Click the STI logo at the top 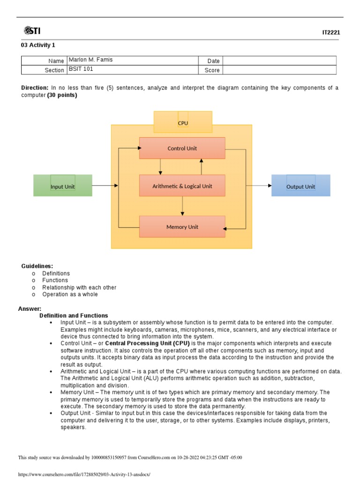tap(32, 31)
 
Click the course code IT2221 tap(331, 33)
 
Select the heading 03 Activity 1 tap(38, 45)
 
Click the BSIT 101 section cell tap(82, 69)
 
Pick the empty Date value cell tap(279, 60)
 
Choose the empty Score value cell tap(279, 70)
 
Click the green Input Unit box tap(63, 186)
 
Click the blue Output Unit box tap(300, 186)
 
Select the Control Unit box tap(182, 148)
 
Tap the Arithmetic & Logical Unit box tap(182, 186)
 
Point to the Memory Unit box tap(182, 227)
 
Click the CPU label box tap(183, 122)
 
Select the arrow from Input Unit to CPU tap(105, 186)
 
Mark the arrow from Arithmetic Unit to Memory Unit tap(182, 206)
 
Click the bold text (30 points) tap(62, 95)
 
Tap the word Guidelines tap(37, 266)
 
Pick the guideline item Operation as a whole tap(70, 294)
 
